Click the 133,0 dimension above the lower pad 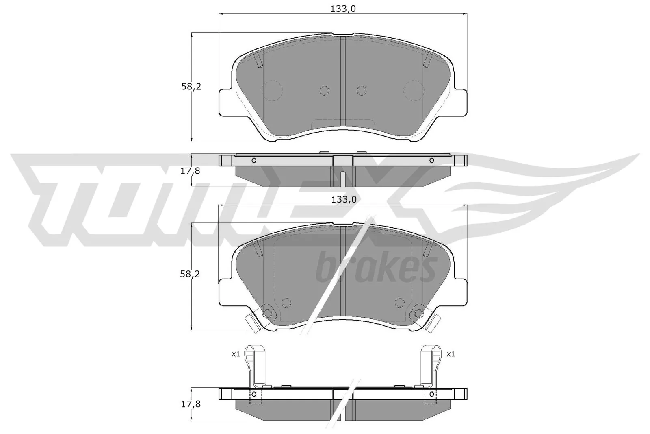click(344, 199)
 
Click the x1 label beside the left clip click(236, 354)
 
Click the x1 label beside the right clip click(451, 354)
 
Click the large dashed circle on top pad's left click(273, 91)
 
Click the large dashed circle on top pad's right click(414, 91)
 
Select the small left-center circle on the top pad click(324, 91)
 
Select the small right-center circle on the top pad click(361, 91)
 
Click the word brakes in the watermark click(376, 268)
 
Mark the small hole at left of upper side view click(254, 160)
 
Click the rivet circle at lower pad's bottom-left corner click(268, 314)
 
